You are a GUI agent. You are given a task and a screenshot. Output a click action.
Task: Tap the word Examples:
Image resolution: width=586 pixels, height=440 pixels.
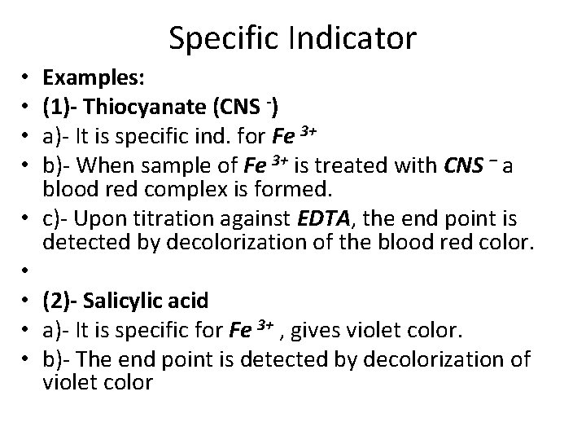(94, 77)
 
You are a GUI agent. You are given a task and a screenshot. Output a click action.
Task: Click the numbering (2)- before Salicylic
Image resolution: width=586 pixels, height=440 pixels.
(62, 301)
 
